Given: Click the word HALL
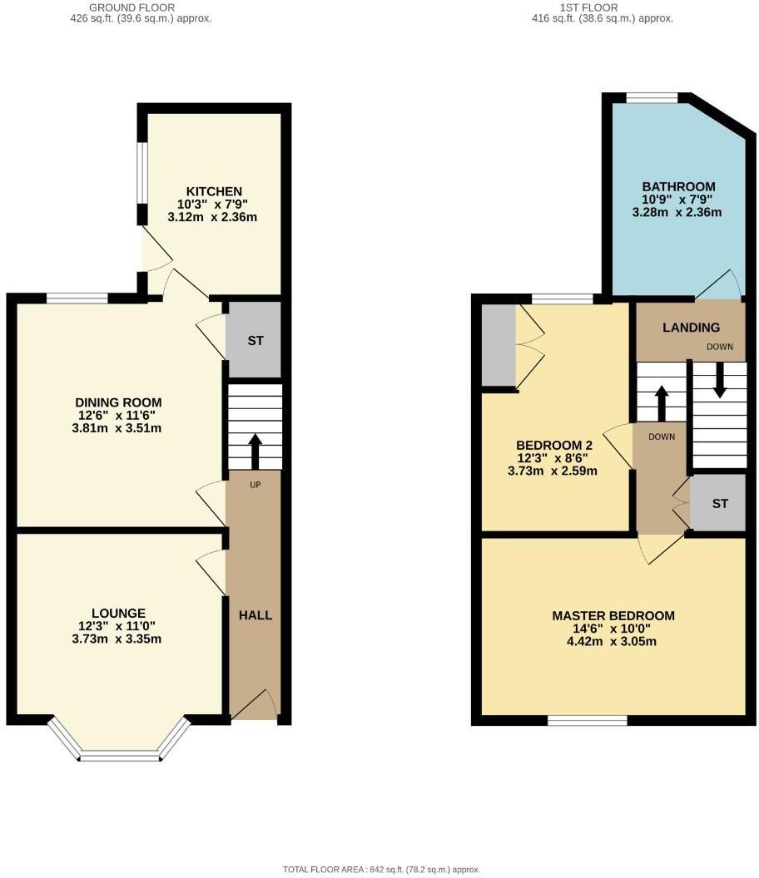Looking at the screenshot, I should tap(255, 615).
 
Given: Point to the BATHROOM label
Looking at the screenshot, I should tap(678, 186).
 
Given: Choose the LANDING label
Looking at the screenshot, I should tap(691, 328).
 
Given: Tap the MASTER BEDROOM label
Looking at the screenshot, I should tap(613, 616).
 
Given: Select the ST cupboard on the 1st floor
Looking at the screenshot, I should tap(720, 504).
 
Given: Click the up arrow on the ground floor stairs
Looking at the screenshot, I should tap(255, 450).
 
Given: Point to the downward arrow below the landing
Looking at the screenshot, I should tap(719, 382).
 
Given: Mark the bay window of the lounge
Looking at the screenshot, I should tap(119, 755).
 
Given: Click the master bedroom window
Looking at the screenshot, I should tap(588, 720).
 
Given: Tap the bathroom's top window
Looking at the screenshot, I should tap(652, 98).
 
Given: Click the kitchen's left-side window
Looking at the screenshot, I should tap(142, 172).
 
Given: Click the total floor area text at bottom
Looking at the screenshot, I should tap(381, 870).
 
